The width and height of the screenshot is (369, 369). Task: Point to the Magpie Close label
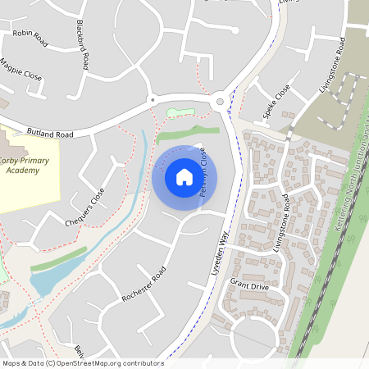(20, 73)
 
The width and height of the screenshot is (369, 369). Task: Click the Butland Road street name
(50, 134)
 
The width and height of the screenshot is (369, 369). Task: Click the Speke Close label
(277, 102)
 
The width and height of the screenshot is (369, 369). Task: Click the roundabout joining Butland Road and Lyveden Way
(219, 102)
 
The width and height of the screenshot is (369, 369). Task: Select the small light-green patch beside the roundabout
(181, 112)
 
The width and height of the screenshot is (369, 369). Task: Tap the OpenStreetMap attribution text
(82, 362)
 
